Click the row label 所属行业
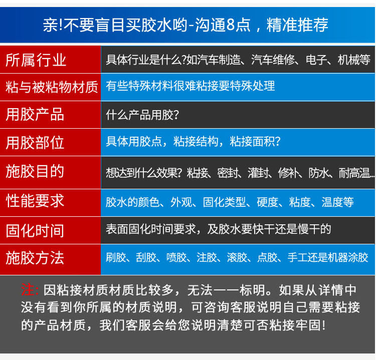(x=36, y=60)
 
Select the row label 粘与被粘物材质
(x=52, y=87)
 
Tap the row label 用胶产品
(x=35, y=114)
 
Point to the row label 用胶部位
(x=35, y=143)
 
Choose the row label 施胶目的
(x=35, y=171)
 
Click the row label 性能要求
(x=35, y=200)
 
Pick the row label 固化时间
(x=35, y=231)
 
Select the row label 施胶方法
(x=35, y=258)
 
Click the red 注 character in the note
(x=28, y=289)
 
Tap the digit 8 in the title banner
(x=231, y=25)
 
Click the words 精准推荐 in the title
(x=297, y=25)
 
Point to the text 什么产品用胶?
(x=142, y=115)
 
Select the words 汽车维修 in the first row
(x=273, y=60)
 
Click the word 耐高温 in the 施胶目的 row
(x=354, y=173)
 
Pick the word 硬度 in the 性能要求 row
(x=267, y=202)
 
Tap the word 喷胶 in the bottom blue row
(x=176, y=257)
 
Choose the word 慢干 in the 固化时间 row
(x=308, y=229)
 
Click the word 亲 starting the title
(x=50, y=25)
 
